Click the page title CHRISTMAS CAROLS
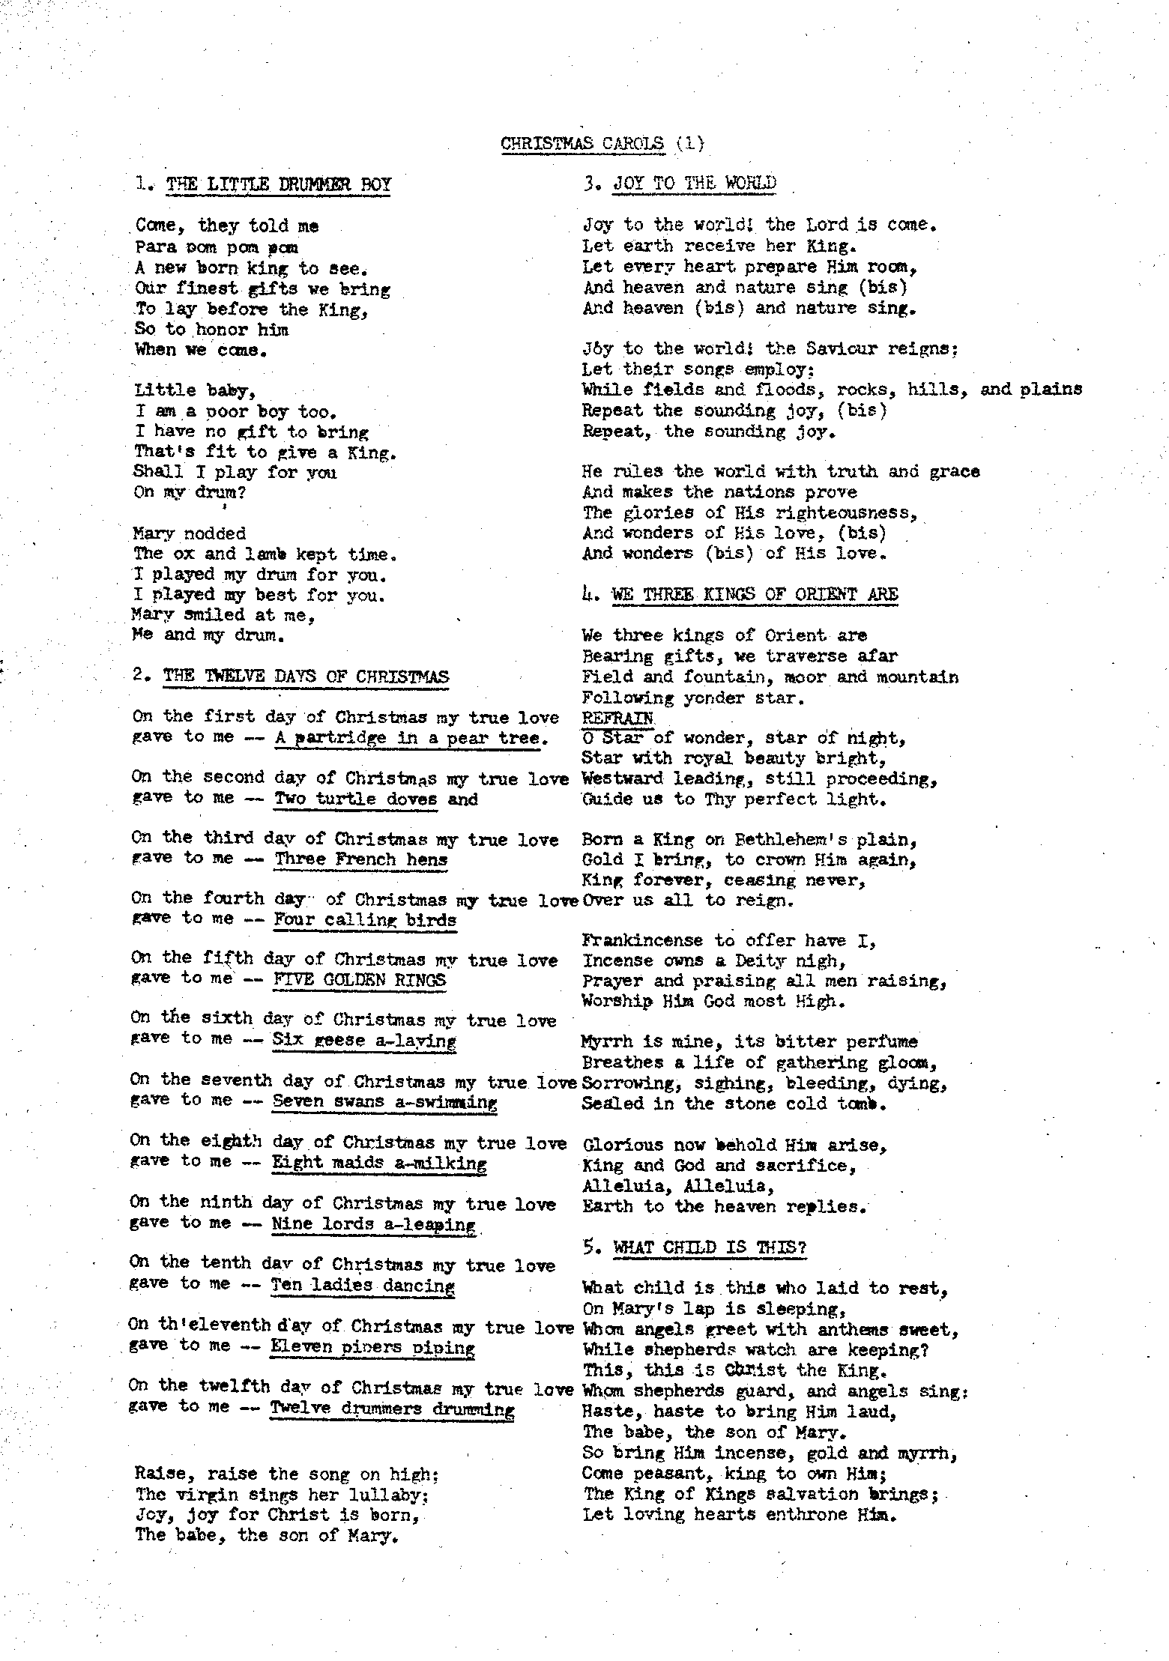582,143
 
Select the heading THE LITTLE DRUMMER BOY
278,184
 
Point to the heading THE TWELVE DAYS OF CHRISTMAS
306,677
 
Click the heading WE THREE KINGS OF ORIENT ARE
755,595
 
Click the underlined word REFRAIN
617,718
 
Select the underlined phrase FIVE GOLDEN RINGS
359,980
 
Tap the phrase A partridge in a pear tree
407,738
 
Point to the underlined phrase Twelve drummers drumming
392,1409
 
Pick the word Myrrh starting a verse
606,1041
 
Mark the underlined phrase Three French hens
360,859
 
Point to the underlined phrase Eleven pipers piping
372,1348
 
